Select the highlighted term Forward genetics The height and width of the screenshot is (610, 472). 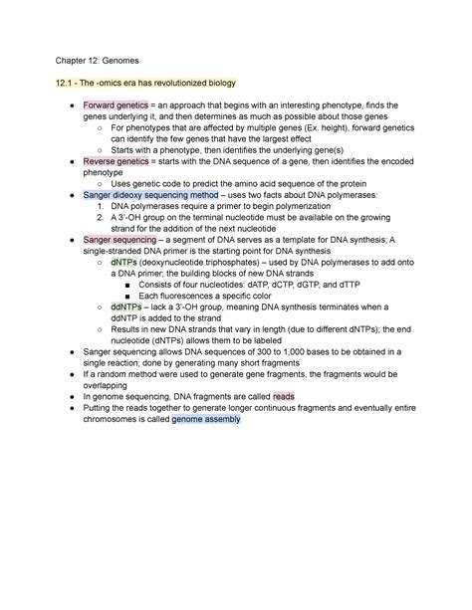116,104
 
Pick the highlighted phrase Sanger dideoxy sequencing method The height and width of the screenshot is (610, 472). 148,195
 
